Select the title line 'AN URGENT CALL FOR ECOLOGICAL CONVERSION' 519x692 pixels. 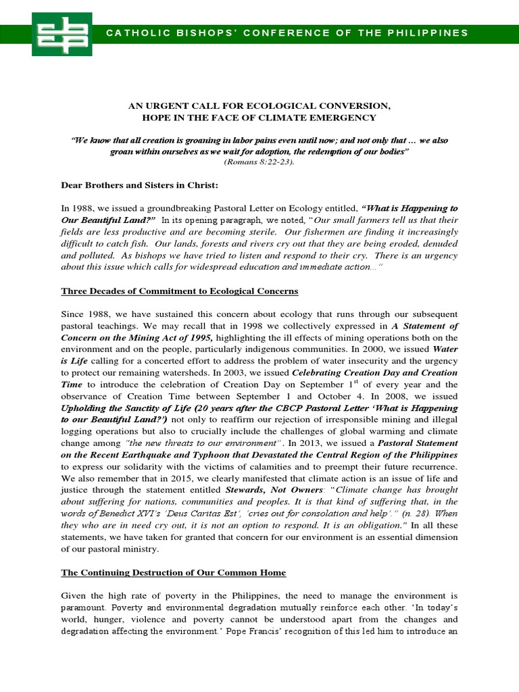coord(259,105)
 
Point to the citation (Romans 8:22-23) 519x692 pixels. coord(259,162)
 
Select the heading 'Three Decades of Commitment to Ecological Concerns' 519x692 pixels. coord(180,291)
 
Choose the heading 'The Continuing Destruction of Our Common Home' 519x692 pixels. coord(174,572)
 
